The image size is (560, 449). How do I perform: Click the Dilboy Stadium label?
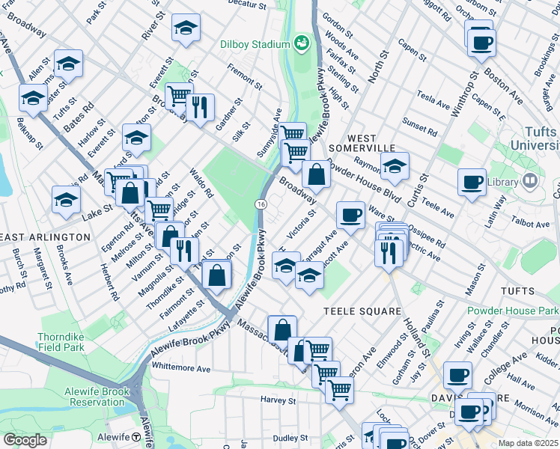coord(255,43)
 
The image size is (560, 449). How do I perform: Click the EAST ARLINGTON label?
coord(45,236)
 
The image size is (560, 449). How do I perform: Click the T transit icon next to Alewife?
coord(136,437)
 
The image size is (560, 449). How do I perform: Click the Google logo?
coord(25,440)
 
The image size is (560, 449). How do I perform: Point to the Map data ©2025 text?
coord(528,443)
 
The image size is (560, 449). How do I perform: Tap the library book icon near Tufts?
coord(531,181)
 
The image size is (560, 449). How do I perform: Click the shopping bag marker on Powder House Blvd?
coord(317,177)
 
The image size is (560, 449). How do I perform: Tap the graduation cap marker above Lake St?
coord(66,200)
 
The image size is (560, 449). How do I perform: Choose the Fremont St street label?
coord(245,77)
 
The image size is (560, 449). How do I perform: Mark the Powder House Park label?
coord(512,311)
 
